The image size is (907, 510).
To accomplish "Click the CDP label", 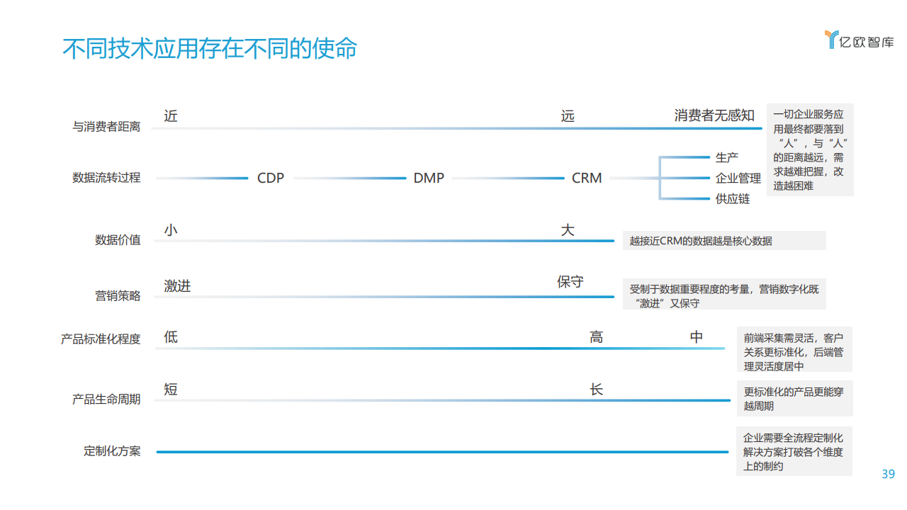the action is coord(271,178).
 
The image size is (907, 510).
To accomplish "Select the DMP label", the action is coord(429,178).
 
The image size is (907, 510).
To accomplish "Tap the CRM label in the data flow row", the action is coord(586,178).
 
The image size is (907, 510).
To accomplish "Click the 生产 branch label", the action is coord(727,157).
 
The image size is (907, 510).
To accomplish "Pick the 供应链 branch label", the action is coord(733,199).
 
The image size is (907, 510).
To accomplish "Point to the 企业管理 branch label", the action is coord(738,178).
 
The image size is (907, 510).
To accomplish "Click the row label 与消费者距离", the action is coord(106,127).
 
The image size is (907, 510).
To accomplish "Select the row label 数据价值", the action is coord(118,240).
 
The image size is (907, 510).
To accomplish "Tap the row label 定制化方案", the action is coord(112,451).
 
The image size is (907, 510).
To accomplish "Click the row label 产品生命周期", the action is coord(106,399).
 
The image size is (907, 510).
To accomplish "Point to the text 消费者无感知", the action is coord(714,115).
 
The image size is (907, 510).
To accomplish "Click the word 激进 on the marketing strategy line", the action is coord(177,286).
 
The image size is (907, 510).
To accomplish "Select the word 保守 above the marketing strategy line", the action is coord(570,281).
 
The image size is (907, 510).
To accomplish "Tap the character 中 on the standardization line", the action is coord(697,336).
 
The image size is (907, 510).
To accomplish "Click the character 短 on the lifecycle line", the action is coord(171,390).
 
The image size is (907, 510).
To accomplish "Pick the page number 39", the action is coord(888,474).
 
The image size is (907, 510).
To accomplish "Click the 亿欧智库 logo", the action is coord(860,40).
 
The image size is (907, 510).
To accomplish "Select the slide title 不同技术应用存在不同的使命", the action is coord(210,49).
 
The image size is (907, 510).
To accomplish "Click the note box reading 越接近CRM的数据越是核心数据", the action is coord(724,240).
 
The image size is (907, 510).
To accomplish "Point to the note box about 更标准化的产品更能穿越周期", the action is coord(795,398).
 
